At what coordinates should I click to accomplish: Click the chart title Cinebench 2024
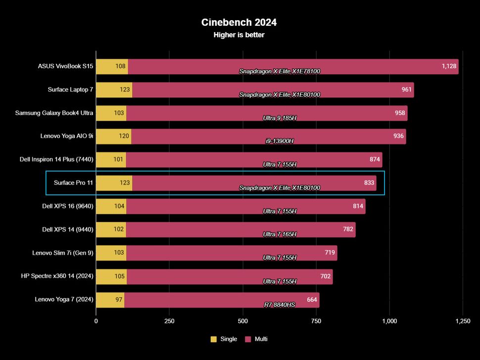click(x=239, y=22)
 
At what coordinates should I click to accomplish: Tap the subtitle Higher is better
click(x=239, y=35)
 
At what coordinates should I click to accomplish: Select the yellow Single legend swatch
click(x=214, y=339)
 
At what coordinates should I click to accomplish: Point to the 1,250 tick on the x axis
click(x=462, y=321)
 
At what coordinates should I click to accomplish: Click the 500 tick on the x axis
click(x=242, y=321)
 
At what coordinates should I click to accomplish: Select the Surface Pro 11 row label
click(x=73, y=183)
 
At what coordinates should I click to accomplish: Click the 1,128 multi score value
click(x=449, y=66)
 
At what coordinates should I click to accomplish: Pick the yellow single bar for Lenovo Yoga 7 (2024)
click(x=110, y=300)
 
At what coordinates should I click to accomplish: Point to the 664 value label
click(x=312, y=300)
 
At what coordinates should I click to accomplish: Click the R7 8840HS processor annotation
click(x=280, y=305)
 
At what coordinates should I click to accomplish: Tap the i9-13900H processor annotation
click(x=280, y=141)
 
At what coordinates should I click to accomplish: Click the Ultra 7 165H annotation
click(x=280, y=234)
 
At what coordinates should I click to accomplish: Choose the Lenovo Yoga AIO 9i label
click(x=67, y=136)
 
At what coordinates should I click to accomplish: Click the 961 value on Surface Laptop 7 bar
click(x=406, y=90)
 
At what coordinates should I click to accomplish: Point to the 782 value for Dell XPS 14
click(x=348, y=229)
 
